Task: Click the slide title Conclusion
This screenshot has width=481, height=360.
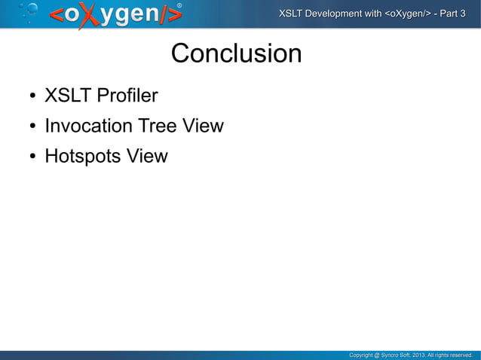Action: coord(236,54)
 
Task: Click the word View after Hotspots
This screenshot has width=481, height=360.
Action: coord(147,157)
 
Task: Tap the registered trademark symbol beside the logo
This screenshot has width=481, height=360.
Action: coord(179,6)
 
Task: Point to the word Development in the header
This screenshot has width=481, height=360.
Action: coord(343,14)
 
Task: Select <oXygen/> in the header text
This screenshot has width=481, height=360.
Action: coord(407,14)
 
